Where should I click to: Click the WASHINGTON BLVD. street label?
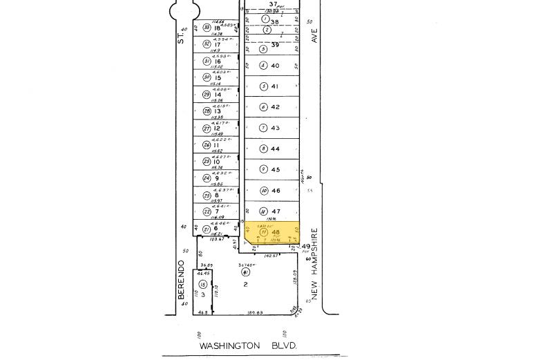tap(249, 345)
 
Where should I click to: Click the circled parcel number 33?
tap(206, 28)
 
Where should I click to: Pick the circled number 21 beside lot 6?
tap(206, 229)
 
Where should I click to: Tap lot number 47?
tap(275, 211)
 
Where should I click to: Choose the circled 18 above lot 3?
tap(202, 284)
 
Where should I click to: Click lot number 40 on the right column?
tap(275, 66)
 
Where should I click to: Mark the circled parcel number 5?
tap(263, 86)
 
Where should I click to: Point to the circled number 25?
tap(206, 162)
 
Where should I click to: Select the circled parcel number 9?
tap(263, 169)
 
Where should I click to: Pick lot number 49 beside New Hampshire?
tap(306, 247)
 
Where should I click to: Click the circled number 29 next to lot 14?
tap(206, 95)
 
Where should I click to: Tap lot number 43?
tap(275, 128)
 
